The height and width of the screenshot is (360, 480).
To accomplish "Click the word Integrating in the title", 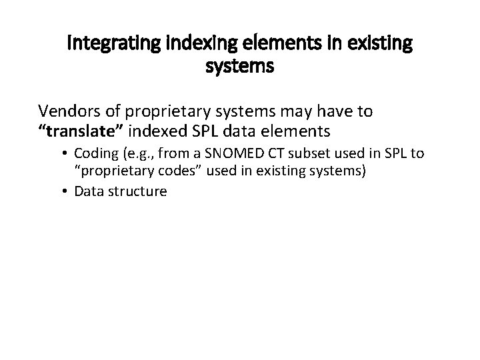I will click(x=109, y=45).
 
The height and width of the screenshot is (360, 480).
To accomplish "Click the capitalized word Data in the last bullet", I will click(x=89, y=192).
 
